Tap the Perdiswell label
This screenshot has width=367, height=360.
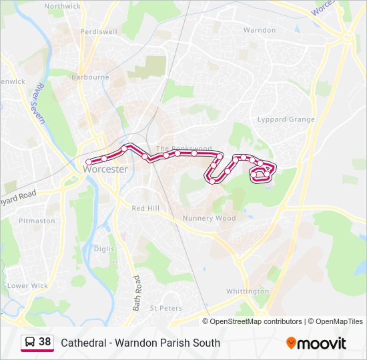(x=98, y=31)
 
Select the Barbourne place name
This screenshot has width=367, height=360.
(x=90, y=77)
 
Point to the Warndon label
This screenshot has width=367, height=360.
(x=259, y=31)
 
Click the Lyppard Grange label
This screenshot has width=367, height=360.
(x=286, y=120)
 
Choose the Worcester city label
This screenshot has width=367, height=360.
(x=105, y=169)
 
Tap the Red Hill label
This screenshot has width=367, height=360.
(x=145, y=209)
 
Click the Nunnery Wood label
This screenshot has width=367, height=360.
(x=210, y=218)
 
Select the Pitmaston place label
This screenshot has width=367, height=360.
(x=37, y=221)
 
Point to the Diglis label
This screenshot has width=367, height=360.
(x=104, y=249)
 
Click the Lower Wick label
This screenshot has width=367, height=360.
(x=27, y=286)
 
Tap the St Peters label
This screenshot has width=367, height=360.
(x=165, y=308)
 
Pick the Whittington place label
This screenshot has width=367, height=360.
(x=247, y=292)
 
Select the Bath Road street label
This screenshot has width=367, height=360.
(x=137, y=293)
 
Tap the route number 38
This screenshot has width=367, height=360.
(x=45, y=342)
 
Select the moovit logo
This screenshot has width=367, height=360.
(x=316, y=343)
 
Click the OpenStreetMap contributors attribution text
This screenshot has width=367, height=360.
(x=256, y=321)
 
